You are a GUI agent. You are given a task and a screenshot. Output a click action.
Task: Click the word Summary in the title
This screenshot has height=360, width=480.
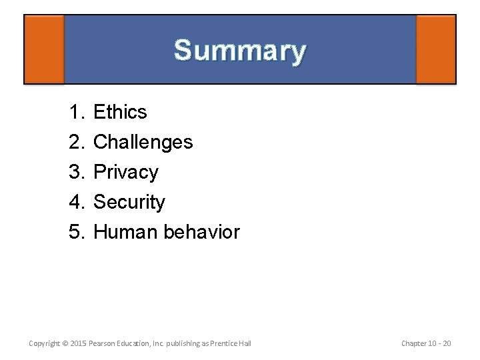[x=240, y=51]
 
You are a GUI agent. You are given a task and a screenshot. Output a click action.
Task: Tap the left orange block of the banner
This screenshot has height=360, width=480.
[x=44, y=49]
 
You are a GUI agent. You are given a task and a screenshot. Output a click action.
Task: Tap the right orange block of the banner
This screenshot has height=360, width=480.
[x=435, y=49]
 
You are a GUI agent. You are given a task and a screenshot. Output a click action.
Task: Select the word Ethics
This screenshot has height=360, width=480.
[x=120, y=112]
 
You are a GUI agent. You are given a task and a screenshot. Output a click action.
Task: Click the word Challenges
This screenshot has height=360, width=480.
[x=143, y=142]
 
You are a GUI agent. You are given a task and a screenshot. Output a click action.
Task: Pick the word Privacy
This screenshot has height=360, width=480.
[x=126, y=172]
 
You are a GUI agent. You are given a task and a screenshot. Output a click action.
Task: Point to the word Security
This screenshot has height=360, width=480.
[x=129, y=202]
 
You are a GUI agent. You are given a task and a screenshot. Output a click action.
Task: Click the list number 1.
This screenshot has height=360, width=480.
[x=75, y=112]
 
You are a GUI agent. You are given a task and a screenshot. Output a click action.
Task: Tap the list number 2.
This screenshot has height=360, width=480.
[x=75, y=142]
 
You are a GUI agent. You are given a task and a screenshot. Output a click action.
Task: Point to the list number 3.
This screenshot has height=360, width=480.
[x=75, y=172]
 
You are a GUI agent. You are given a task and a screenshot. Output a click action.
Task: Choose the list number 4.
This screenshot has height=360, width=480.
[x=75, y=202]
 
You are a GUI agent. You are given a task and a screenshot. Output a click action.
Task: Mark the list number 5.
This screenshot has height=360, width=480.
[x=75, y=232]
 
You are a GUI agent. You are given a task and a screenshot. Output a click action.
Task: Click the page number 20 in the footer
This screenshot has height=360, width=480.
[x=446, y=343]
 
